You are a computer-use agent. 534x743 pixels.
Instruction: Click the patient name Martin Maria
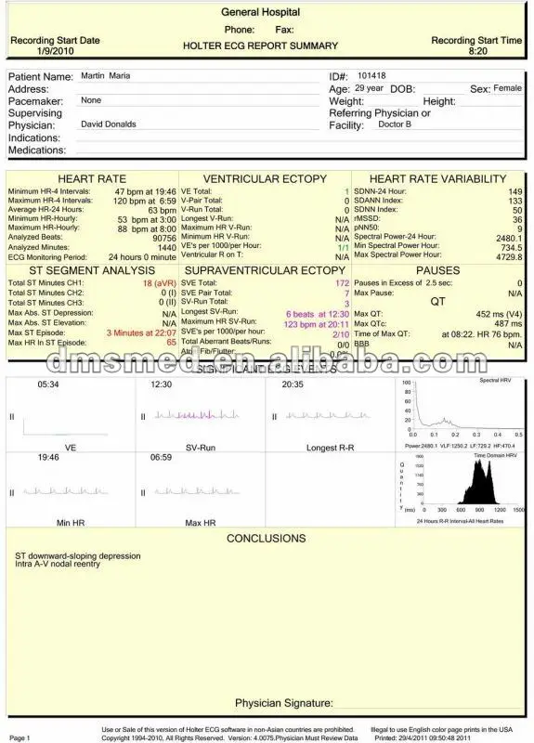(x=106, y=75)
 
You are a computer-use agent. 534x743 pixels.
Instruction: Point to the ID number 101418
(x=371, y=75)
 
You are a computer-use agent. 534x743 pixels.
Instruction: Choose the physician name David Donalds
(x=109, y=124)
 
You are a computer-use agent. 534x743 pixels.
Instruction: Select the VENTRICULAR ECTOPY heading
(x=265, y=178)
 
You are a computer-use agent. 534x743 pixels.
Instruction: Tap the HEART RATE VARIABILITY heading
(x=437, y=178)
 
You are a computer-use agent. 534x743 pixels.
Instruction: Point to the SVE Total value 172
(x=342, y=281)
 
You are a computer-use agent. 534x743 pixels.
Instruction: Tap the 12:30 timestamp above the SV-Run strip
(x=161, y=384)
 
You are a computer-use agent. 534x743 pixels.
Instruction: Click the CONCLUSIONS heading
(x=266, y=539)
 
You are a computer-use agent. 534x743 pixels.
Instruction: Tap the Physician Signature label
(x=283, y=703)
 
